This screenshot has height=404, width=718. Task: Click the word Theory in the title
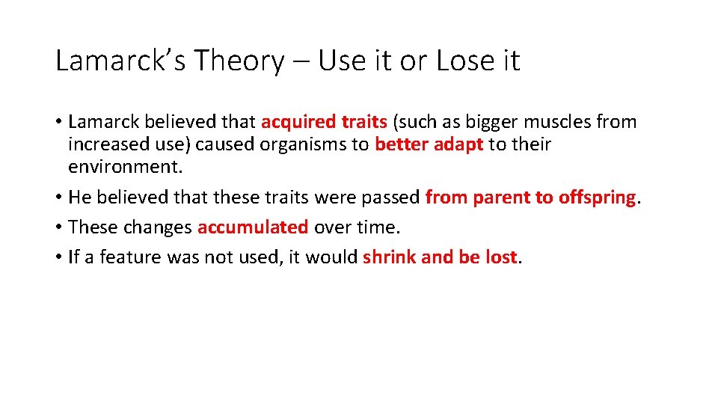239,61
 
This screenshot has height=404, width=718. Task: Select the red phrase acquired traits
324,122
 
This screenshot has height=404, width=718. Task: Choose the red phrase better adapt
429,144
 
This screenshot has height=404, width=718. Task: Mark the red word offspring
598,198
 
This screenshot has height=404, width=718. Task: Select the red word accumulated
253,227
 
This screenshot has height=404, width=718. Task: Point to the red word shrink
390,257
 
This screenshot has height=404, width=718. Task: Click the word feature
131,257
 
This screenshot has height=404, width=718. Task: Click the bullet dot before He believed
59,198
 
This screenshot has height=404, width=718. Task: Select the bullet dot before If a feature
59,257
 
